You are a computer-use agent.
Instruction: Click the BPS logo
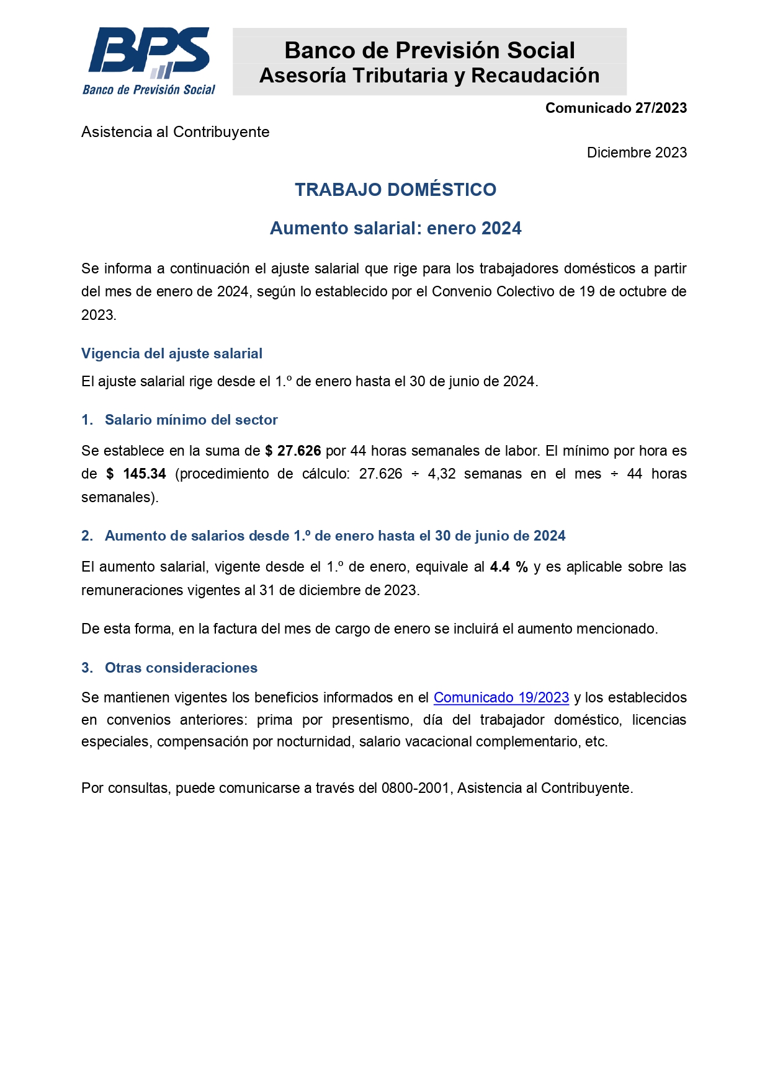(149, 61)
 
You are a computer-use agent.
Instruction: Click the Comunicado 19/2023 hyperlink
(501, 697)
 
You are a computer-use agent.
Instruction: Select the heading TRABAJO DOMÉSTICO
(395, 190)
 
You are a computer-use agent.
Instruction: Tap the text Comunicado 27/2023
(616, 108)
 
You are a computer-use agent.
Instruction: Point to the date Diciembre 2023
(637, 153)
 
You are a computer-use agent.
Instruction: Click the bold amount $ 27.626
(293, 451)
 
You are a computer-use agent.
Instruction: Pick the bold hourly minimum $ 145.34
(136, 474)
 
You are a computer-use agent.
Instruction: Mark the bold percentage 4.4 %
(509, 567)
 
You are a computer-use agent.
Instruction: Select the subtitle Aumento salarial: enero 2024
(395, 228)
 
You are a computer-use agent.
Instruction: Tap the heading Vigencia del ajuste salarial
(172, 353)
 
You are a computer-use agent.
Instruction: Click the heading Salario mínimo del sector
(191, 420)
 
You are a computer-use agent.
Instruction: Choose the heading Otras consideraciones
(181, 668)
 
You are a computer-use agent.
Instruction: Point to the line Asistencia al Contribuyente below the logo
(175, 132)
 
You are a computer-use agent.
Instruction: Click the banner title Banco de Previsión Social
(429, 50)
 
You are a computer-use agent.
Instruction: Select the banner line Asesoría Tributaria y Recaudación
(429, 76)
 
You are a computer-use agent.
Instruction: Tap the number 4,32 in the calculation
(442, 474)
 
